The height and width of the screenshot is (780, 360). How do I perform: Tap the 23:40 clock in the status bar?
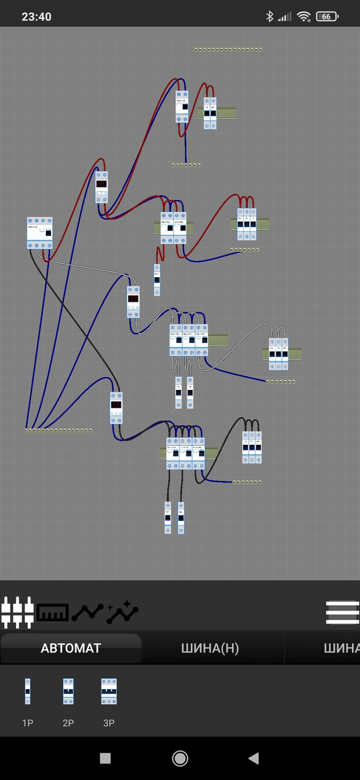click(37, 16)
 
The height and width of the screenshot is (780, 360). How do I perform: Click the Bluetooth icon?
click(269, 16)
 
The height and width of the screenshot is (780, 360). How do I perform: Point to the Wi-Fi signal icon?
click(304, 16)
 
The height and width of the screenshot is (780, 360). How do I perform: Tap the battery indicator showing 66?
click(327, 16)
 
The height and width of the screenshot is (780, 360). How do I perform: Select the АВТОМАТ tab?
click(71, 648)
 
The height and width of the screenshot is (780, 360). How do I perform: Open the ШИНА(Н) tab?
click(210, 648)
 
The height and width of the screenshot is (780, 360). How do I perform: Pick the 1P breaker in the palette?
click(28, 692)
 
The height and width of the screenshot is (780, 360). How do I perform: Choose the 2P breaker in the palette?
click(68, 692)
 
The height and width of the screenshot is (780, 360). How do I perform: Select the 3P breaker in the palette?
click(109, 692)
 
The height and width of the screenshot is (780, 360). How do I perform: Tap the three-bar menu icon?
click(342, 612)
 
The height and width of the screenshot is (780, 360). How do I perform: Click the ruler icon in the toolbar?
click(52, 612)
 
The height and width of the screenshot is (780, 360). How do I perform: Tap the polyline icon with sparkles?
click(122, 612)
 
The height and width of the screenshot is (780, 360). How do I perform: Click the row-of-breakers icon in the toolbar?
click(17, 612)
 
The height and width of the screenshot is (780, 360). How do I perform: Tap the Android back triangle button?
click(253, 758)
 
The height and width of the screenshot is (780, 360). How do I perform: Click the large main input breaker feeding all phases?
click(40, 233)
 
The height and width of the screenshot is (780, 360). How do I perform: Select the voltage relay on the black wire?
click(116, 408)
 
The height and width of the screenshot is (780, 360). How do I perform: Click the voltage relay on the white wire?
click(133, 302)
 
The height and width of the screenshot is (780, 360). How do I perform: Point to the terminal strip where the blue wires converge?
click(58, 430)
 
